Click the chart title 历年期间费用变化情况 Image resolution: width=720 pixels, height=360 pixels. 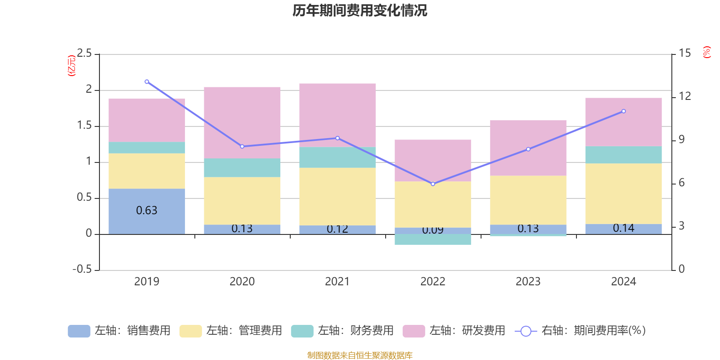(360, 10)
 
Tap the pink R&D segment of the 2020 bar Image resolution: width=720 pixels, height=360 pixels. (242, 122)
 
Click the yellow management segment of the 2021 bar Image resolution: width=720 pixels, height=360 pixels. (337, 196)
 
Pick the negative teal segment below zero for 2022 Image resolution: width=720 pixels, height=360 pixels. (433, 239)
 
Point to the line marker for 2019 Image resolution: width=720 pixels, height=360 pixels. (147, 82)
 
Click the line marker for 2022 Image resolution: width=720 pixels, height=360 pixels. (433, 184)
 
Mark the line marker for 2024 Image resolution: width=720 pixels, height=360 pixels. (624, 111)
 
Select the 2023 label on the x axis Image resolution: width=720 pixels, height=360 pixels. (528, 282)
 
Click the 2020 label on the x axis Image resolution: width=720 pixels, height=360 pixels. (242, 282)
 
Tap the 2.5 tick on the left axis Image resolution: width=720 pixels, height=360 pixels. (84, 54)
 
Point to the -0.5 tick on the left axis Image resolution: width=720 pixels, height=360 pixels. (82, 270)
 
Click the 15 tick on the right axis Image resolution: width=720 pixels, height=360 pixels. (685, 54)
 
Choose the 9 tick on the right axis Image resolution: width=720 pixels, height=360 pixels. (682, 139)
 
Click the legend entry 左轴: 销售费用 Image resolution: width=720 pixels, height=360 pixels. (119, 331)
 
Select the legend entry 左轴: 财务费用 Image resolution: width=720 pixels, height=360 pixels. (342, 331)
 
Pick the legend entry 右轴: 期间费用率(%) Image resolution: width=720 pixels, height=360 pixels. (580, 331)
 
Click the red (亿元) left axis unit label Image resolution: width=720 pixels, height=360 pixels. (71, 66)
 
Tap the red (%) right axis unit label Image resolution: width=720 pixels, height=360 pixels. (707, 52)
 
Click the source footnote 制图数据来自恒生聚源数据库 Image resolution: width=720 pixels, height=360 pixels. (360, 355)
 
